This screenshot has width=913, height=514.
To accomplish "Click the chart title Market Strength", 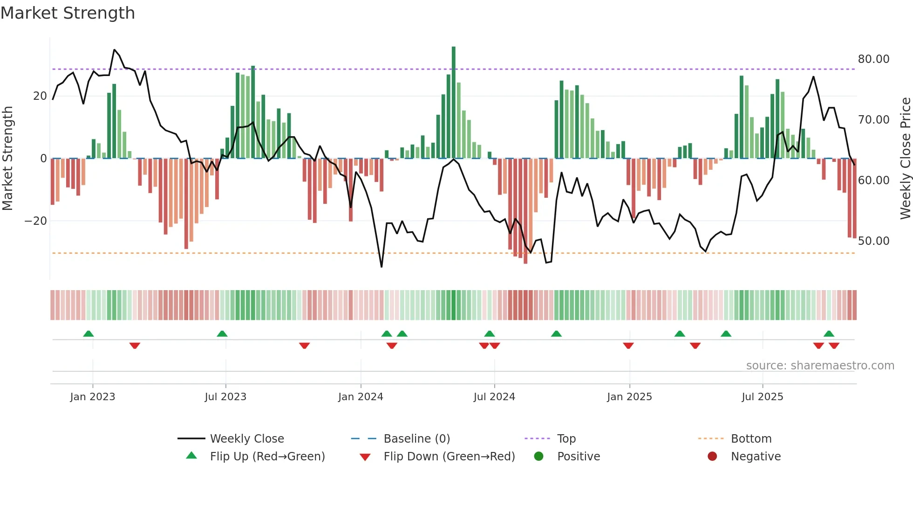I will pos(68,13).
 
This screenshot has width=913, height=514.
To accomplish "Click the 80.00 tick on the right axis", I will pos(873,59).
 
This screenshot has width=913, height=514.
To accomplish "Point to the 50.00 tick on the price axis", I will pos(873,241).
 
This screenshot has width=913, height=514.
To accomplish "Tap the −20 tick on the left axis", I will pos(36,221).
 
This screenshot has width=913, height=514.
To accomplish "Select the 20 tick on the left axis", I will pos(40,96).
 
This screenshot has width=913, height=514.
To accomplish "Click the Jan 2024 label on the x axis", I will pos(361,397).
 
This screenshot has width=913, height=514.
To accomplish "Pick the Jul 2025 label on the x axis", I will pos(762,397).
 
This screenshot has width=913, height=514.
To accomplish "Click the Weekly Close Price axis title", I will pos(905,159).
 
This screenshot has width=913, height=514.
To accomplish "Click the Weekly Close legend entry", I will pos(246,439).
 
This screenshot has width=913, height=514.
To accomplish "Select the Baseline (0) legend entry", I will pos(416,439).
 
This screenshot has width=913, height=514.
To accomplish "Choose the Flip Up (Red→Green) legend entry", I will pos(267,457).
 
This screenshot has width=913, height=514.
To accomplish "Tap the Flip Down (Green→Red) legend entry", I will pos(449,457).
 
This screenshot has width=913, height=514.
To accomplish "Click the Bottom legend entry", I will pos(751,439).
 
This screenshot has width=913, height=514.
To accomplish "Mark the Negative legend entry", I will pos(756,457).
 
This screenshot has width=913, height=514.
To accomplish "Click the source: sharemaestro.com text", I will pos(820,366).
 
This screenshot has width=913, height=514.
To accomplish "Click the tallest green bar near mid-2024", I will pos(453,103).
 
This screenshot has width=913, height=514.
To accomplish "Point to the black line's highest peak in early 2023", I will pos(114,50).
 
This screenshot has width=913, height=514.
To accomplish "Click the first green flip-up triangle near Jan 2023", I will pos(89,333).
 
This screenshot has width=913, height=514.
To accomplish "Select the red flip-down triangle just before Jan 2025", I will pos(628,346).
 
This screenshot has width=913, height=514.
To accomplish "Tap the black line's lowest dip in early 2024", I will pos(382,266).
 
